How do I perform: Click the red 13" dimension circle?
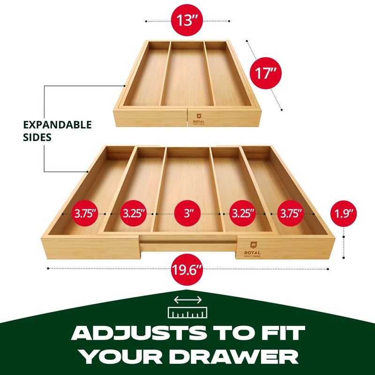pyautogui.click(x=187, y=21)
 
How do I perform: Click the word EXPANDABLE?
pyautogui.click(x=58, y=125)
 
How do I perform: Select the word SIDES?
pyautogui.click(x=38, y=138)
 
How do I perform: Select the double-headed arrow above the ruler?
pyautogui.click(x=187, y=300)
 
